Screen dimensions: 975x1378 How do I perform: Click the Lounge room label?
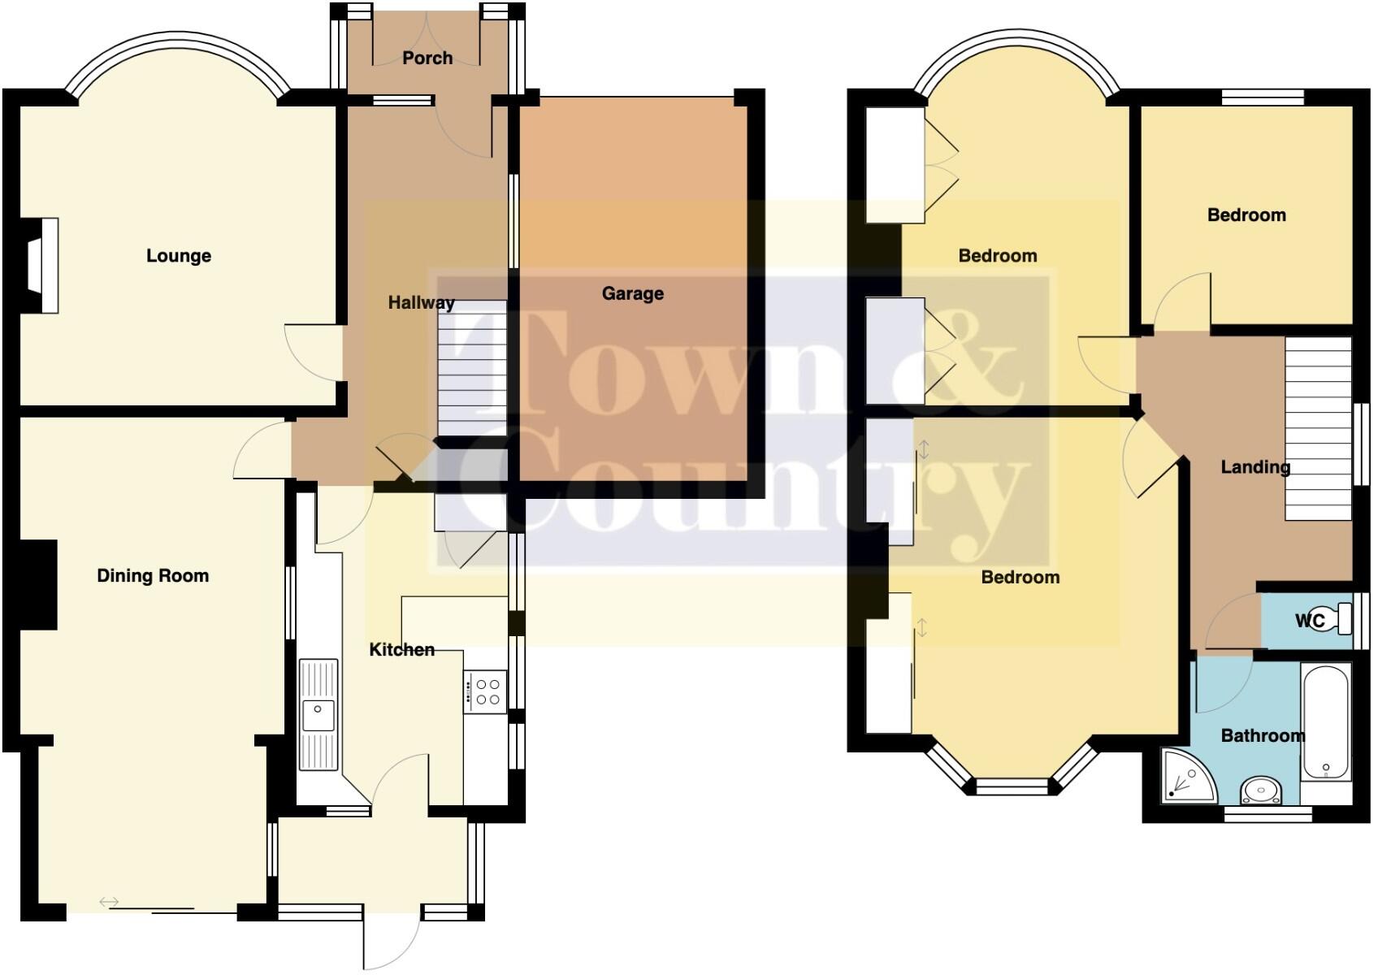click(179, 256)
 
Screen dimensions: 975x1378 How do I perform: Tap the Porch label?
click(427, 58)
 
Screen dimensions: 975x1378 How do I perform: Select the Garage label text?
click(633, 293)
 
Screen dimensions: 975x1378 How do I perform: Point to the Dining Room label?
click(153, 576)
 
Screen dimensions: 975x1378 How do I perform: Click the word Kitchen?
click(401, 650)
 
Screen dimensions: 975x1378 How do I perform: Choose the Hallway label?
click(420, 303)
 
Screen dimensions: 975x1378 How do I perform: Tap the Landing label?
click(1255, 467)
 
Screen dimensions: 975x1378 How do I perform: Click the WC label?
click(1309, 622)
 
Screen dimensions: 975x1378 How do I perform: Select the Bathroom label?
click(1263, 736)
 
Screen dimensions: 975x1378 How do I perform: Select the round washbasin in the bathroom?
click(1261, 790)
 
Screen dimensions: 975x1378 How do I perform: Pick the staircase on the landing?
click(1318, 428)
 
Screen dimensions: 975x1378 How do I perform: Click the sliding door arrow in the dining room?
click(109, 902)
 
